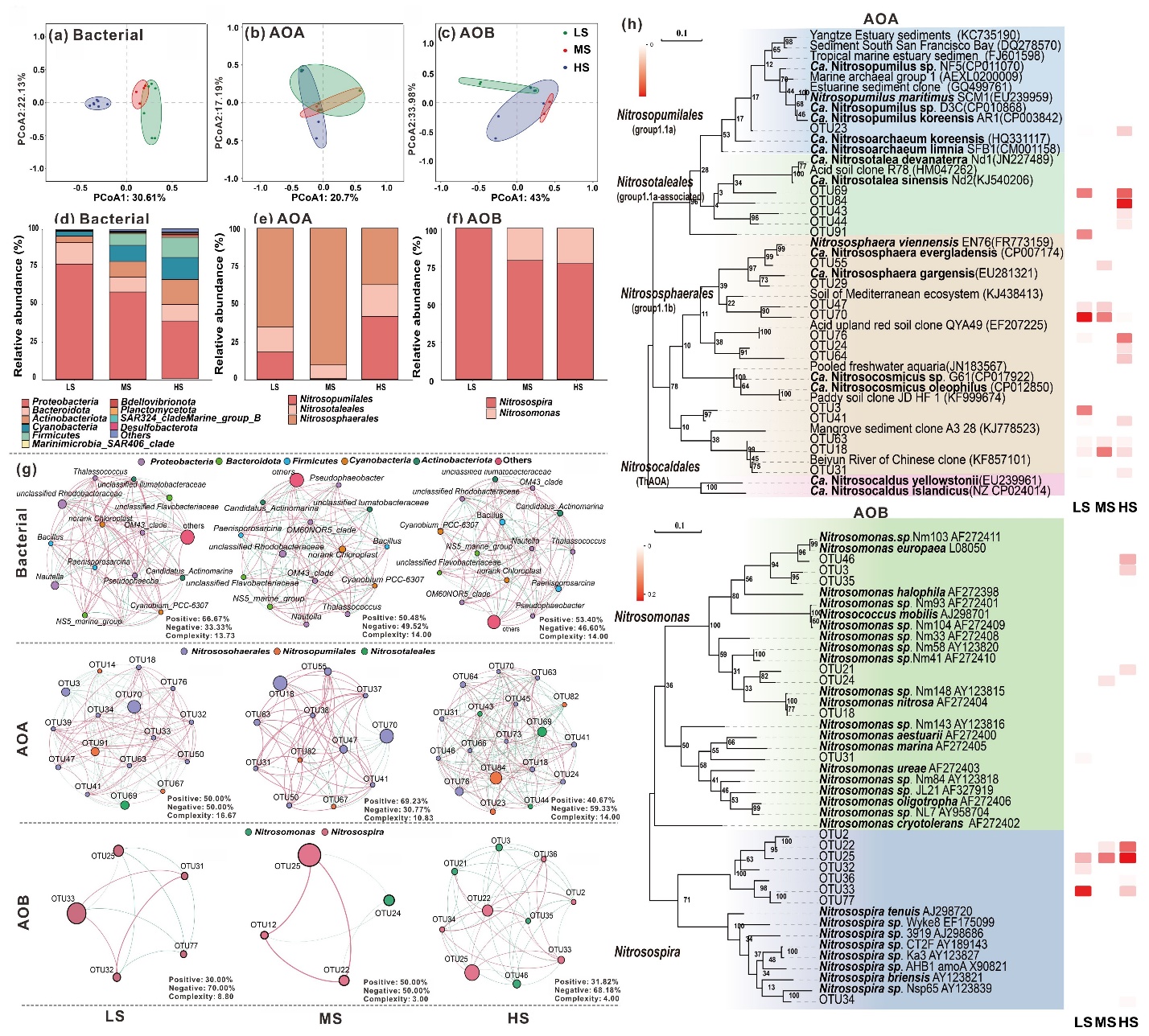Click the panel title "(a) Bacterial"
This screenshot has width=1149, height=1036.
pos(96,35)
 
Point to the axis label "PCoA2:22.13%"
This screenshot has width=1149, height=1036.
pos(22,109)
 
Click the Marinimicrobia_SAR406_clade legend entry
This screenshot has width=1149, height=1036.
pos(103,444)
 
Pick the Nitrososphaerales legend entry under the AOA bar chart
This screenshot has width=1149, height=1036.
pos(338,418)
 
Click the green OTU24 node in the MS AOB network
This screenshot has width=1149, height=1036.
pos(389,900)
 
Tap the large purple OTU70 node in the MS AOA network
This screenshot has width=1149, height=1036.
pos(386,736)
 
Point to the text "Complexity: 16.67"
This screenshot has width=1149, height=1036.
pos(201,816)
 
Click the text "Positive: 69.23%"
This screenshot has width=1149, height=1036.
pos(396,801)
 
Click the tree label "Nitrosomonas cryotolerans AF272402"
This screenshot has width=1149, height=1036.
pos(919,824)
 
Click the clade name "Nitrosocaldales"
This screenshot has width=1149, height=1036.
pos(660,467)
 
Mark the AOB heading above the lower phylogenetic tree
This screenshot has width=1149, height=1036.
pos(871,512)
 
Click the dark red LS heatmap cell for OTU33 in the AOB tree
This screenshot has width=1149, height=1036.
pos(1083,890)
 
